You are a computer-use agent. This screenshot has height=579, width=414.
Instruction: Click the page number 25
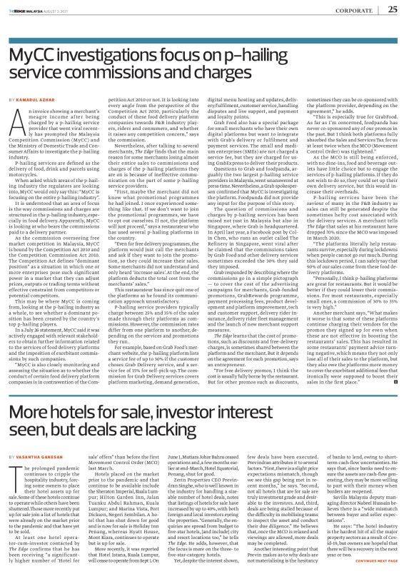pos(393,9)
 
